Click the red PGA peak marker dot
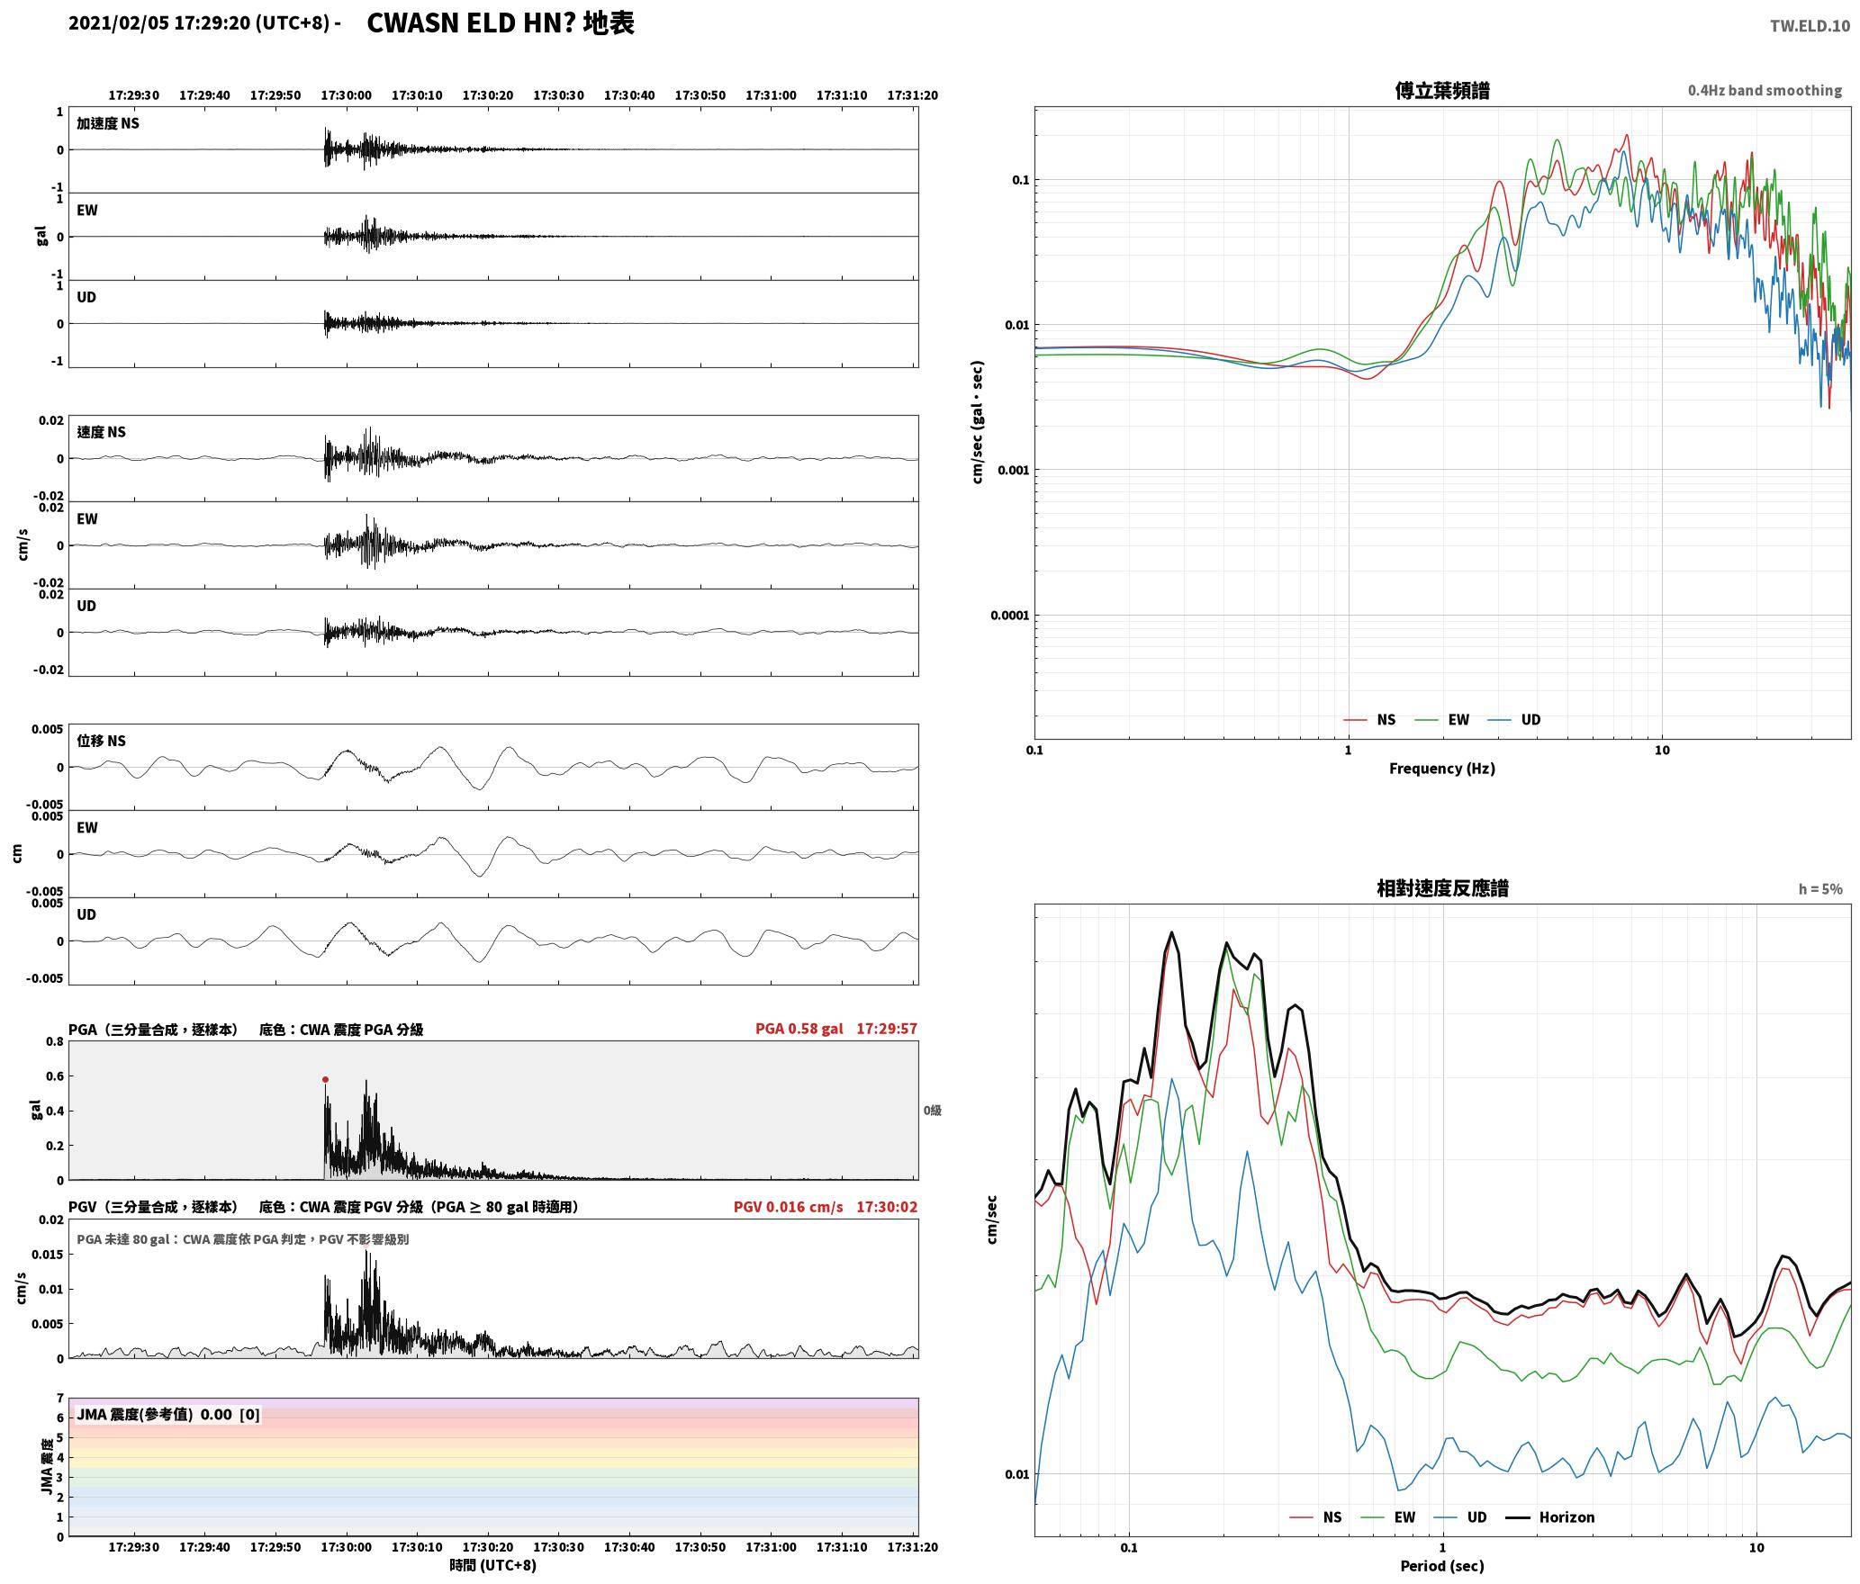point(325,1079)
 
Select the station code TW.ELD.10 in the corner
point(1810,26)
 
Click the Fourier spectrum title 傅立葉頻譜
point(1442,90)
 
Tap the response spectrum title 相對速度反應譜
point(1442,888)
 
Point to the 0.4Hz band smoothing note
point(1765,91)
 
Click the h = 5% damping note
point(1820,889)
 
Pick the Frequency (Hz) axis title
point(1442,769)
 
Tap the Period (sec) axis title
point(1442,1566)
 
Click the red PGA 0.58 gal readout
point(799,1029)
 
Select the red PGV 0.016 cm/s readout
point(789,1207)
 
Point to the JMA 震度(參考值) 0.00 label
point(168,1415)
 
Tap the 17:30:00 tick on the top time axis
point(346,95)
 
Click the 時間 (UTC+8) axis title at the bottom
point(493,1565)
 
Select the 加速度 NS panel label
point(108,123)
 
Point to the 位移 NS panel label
point(101,741)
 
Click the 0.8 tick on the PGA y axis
point(55,1042)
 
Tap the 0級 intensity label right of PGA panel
point(932,1111)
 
